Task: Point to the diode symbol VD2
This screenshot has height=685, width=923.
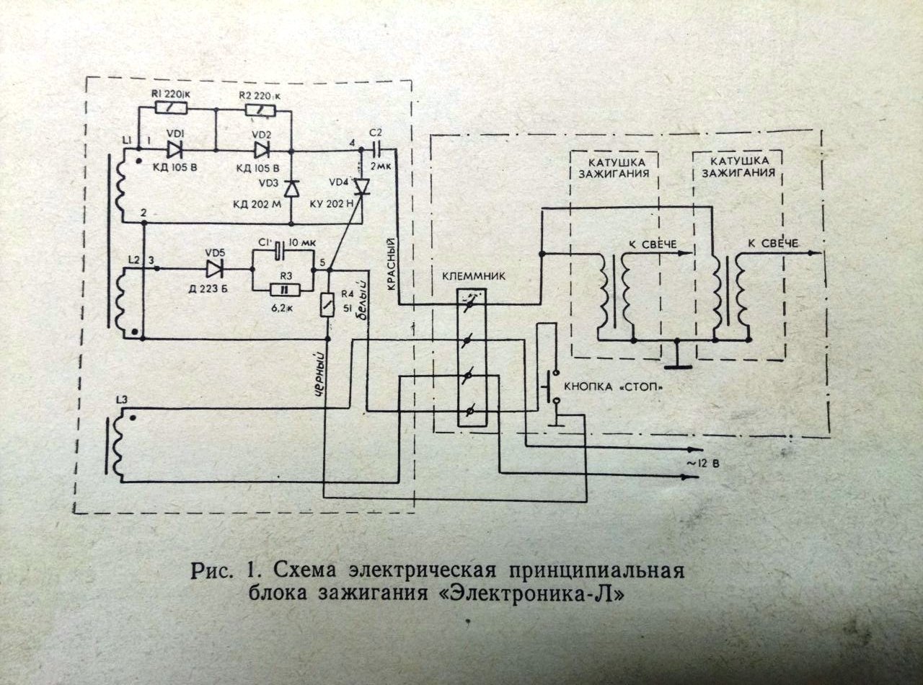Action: pos(261,151)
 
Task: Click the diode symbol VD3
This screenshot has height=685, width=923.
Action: pos(291,188)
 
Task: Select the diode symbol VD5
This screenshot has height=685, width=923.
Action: pos(214,269)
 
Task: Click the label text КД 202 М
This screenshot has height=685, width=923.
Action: pos(257,205)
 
